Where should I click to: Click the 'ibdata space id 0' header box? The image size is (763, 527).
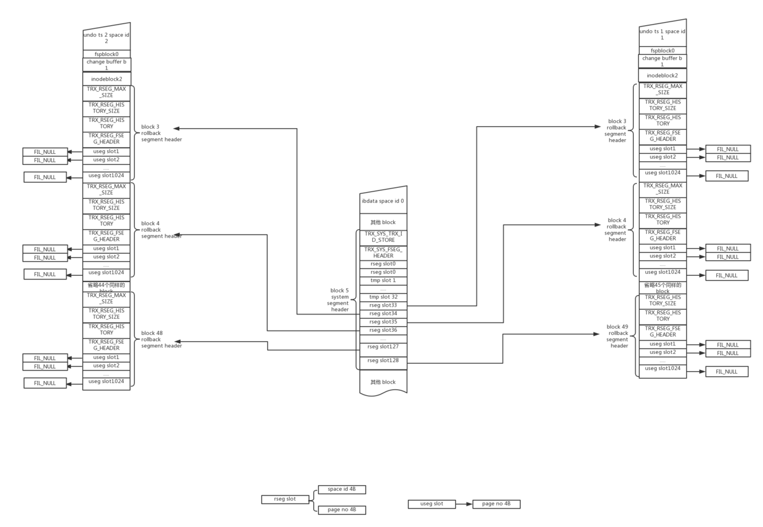383,201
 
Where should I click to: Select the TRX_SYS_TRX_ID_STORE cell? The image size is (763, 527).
383,237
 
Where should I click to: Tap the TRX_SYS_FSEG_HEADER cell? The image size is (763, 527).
383,252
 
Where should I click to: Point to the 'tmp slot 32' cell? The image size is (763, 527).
383,297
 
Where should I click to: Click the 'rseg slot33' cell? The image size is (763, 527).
383,305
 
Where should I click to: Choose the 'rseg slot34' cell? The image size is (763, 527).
383,313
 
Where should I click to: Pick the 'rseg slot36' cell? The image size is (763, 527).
383,330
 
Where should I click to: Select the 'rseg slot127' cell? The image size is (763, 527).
383,346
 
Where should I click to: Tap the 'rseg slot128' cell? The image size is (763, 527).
383,360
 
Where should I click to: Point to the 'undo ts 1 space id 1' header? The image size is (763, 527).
662,34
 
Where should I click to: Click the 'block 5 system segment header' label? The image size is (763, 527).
339,300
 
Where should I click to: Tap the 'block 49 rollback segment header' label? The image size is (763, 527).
617,336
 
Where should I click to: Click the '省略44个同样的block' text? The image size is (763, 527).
106,288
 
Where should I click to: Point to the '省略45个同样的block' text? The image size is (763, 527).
662,288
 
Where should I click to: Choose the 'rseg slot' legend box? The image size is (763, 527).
285,499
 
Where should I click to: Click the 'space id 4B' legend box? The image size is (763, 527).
342,489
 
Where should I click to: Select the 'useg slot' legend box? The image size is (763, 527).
431,504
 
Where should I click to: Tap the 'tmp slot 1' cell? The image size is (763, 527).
383,280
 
